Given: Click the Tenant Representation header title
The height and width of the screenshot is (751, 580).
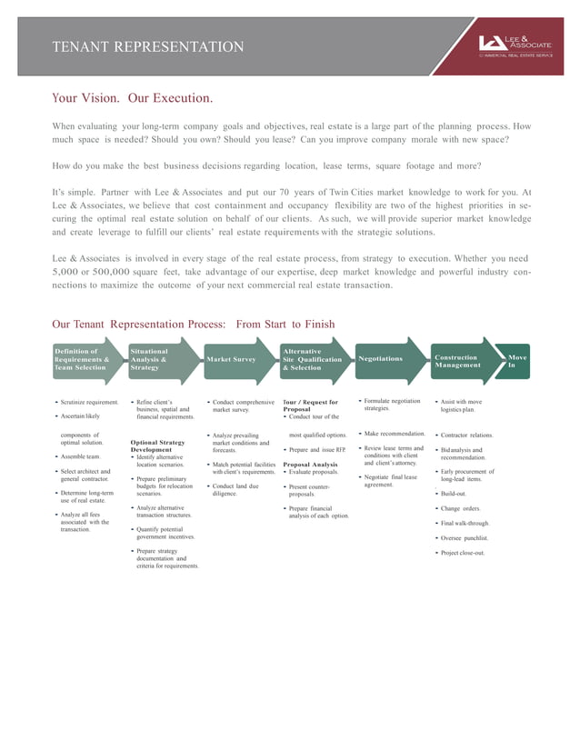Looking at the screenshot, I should [x=148, y=47].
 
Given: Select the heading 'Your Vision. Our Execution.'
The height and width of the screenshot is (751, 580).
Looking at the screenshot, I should [x=132, y=97].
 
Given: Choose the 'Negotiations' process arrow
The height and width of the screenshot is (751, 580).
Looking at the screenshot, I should [x=381, y=358].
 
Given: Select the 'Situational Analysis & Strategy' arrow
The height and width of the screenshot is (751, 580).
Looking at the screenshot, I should [x=156, y=360].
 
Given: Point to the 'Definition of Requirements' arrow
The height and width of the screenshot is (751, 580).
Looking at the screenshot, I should [x=82, y=360].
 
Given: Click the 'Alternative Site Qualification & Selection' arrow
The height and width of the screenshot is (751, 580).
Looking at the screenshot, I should [x=312, y=360].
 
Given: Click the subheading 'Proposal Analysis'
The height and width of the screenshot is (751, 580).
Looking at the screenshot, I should [x=311, y=465].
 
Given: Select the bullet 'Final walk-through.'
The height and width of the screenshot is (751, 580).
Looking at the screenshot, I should [x=465, y=524].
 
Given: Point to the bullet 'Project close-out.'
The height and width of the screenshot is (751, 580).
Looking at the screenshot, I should [x=463, y=552].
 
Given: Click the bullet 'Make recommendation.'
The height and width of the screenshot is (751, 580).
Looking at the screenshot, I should [x=395, y=434].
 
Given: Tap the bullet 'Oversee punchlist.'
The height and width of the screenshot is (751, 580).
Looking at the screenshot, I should [x=465, y=538].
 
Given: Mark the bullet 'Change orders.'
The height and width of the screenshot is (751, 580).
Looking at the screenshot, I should [x=461, y=508].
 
